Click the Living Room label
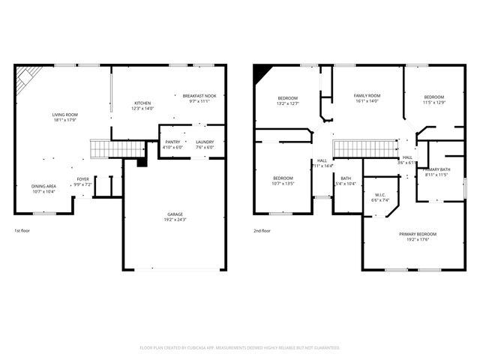65,115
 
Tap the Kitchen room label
142,103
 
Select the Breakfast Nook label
199,97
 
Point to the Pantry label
172,142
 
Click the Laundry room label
205,142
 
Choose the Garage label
175,214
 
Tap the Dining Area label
43,186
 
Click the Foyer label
83,179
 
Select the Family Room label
367,96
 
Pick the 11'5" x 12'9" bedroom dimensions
433,103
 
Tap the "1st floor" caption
23,230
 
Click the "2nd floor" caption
262,230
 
